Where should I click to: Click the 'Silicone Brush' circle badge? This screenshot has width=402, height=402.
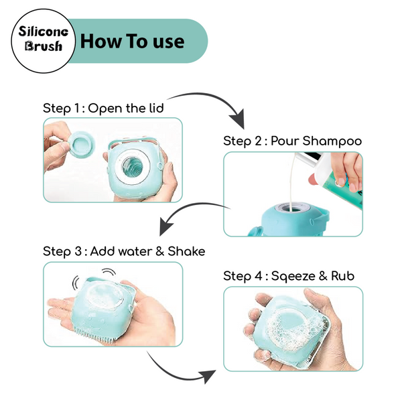[43, 41]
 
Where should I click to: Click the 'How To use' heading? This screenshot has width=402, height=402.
[132, 41]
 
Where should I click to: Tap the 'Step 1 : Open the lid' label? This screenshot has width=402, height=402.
[103, 109]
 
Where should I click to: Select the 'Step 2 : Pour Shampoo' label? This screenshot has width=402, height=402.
[292, 141]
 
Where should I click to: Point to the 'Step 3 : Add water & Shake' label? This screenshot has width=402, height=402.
[124, 251]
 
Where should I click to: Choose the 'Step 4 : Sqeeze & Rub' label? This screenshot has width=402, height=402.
[289, 276]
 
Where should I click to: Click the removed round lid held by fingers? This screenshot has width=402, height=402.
[82, 143]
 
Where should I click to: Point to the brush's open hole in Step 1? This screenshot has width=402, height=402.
[133, 167]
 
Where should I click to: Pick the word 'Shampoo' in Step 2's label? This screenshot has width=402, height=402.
[332, 141]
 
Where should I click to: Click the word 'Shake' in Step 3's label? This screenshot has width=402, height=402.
[186, 251]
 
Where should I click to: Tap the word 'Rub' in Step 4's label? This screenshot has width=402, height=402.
[343, 276]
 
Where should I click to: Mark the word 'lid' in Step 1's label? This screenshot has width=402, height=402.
[156, 108]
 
